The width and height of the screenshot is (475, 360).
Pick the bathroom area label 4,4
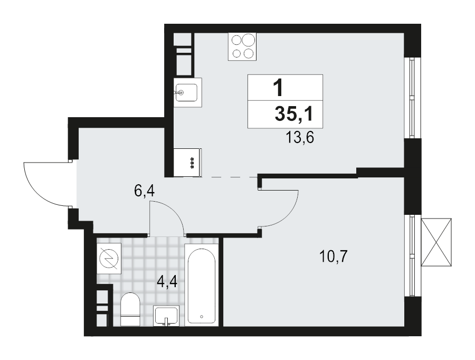(x=166, y=280)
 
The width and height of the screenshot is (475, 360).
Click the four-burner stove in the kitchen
(x=242, y=46)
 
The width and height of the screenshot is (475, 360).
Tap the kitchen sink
(x=185, y=93)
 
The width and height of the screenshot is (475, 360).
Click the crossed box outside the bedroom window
(x=438, y=242)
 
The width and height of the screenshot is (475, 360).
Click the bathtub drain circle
(x=202, y=317)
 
